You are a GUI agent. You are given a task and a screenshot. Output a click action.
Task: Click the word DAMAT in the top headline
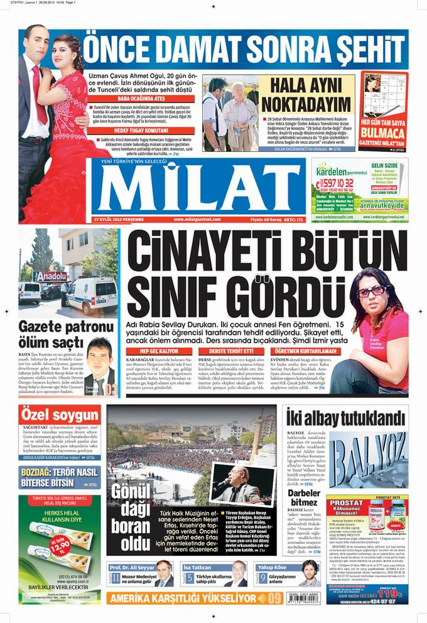(207, 48)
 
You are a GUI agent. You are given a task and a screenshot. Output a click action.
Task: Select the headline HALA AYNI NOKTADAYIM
(306, 95)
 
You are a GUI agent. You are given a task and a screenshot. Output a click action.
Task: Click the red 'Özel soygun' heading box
(51, 416)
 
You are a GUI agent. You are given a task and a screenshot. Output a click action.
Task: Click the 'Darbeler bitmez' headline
(305, 497)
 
